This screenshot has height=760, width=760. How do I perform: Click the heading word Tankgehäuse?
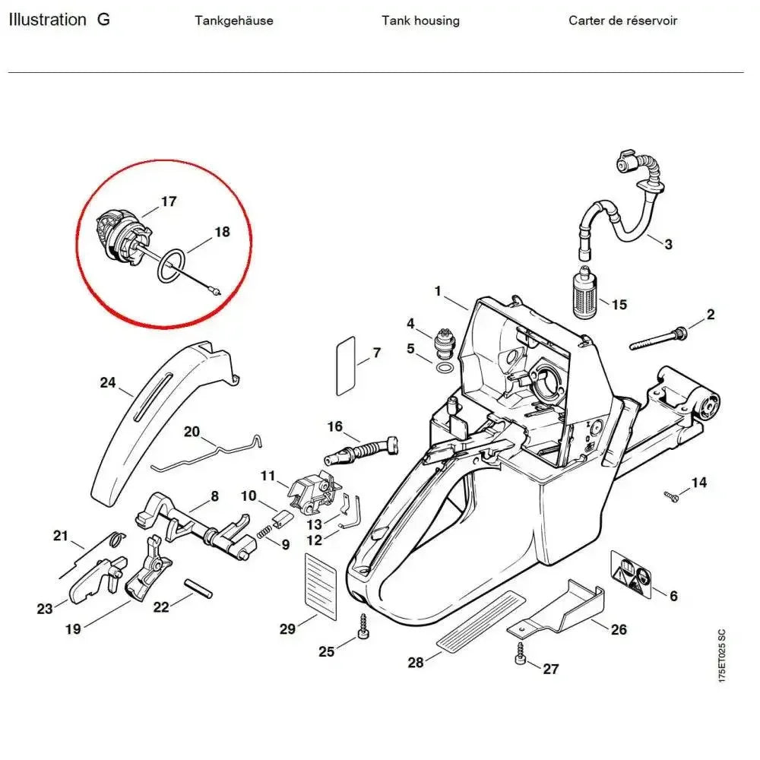click(234, 21)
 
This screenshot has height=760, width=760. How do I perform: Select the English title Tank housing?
click(420, 21)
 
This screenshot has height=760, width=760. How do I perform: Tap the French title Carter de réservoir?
click(622, 21)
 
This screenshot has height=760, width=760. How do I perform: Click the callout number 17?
click(169, 201)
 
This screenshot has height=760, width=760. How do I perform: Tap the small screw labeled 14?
click(671, 496)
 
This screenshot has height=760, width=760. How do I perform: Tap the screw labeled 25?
click(363, 628)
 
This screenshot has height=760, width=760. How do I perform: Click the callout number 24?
click(108, 382)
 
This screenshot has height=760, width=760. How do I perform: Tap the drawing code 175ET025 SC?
click(721, 656)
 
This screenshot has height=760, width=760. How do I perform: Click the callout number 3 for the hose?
click(668, 244)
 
